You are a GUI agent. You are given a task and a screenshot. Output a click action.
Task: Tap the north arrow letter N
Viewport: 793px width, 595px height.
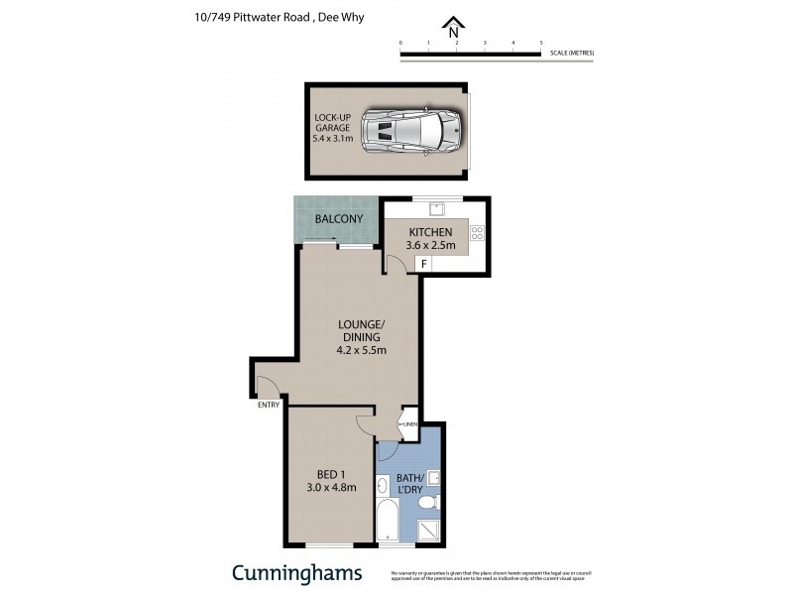[453, 30]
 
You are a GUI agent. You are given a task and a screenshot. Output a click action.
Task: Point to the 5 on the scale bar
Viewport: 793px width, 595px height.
[541, 44]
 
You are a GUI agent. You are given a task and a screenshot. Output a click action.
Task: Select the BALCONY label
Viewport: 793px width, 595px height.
[339, 219]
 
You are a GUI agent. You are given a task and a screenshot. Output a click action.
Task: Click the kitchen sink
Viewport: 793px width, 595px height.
[436, 208]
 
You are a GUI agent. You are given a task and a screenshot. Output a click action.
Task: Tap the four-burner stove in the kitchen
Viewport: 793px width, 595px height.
[476, 234]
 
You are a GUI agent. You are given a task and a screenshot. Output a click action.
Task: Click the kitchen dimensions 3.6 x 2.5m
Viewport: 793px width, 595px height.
[429, 245]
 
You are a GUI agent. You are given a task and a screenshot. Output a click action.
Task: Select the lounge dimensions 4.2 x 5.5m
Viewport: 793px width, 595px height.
[361, 349]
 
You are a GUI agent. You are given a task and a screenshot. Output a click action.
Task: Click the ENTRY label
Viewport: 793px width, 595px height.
[268, 405]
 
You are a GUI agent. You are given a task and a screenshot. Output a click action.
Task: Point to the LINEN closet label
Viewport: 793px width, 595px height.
[409, 424]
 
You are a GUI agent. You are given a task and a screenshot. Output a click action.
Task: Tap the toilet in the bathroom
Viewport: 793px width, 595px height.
[428, 505]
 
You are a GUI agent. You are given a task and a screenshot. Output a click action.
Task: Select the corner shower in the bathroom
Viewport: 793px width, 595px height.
[429, 531]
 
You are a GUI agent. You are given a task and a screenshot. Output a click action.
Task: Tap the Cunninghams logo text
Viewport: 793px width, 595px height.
[297, 572]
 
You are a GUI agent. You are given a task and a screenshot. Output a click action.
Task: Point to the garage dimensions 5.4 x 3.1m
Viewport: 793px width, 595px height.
[333, 140]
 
